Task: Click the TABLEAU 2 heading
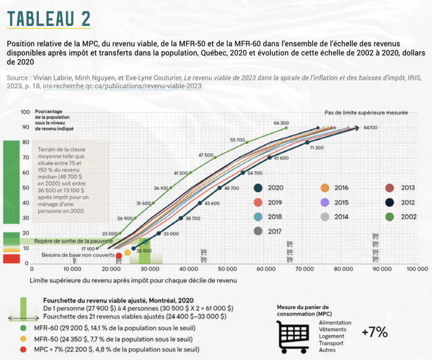pos(49,18)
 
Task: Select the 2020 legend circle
pos(259,188)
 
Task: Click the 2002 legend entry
pos(390,217)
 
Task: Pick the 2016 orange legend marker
pos(324,188)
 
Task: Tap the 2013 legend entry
pos(390,188)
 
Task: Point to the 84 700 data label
pos(370,127)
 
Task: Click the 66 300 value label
pos(281,123)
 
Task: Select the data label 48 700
pos(231,188)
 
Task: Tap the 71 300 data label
pos(317,148)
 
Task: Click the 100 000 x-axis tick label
pos(417,269)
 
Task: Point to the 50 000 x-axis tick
pos(226,269)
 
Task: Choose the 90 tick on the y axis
pos(25,127)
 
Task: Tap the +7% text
pos(375,332)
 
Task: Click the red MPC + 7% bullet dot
pos(23,350)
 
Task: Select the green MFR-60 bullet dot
pos(23,327)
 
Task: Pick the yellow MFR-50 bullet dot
pos(23,338)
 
